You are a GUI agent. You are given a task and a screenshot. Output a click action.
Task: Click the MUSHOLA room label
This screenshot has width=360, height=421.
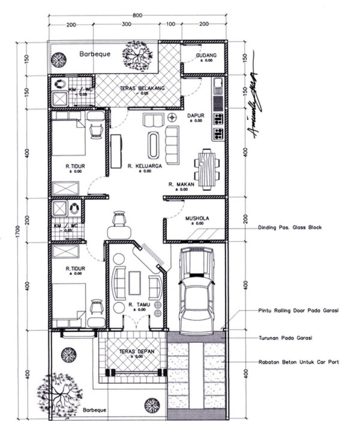[197, 218]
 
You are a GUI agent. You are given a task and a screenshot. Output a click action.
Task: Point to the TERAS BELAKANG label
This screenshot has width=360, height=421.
[142, 89]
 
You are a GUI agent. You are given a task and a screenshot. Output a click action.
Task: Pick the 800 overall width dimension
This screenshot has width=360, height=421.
[138, 15]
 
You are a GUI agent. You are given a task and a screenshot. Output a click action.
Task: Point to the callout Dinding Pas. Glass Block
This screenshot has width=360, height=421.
[290, 228]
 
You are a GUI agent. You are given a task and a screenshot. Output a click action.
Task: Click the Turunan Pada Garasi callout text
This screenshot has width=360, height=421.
[285, 338]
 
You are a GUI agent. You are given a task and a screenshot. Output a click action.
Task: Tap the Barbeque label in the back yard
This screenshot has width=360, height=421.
[95, 54]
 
